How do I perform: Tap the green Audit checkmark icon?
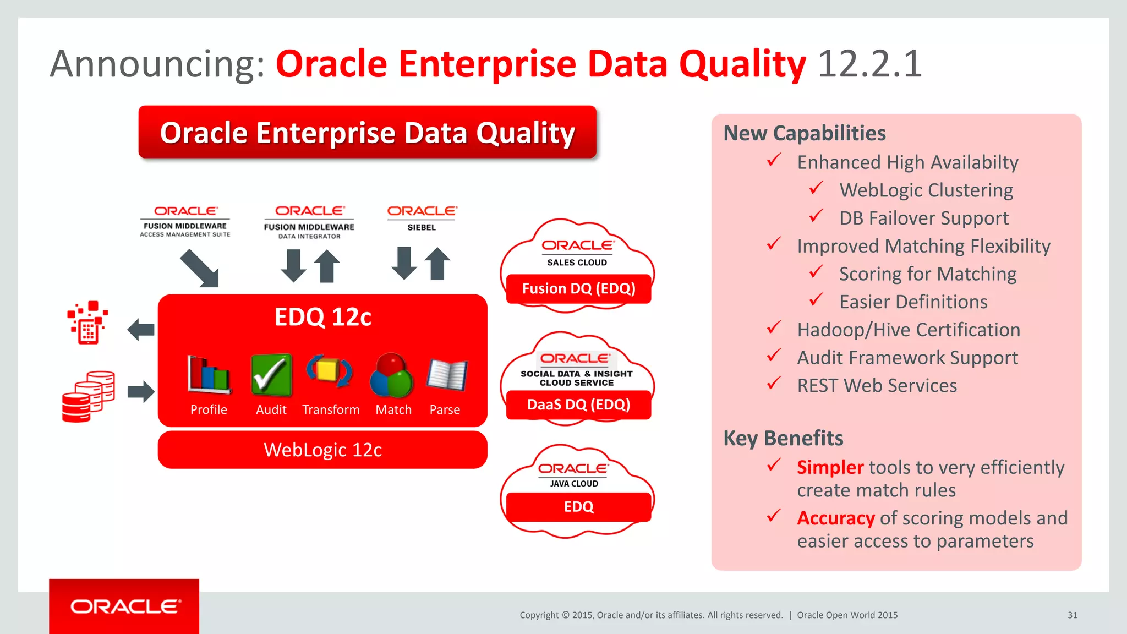(x=271, y=375)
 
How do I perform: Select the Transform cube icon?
(x=329, y=371)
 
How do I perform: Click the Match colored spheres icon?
(x=392, y=376)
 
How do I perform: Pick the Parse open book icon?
(x=447, y=375)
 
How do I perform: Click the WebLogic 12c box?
(x=322, y=450)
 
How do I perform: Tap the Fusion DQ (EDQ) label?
(x=578, y=288)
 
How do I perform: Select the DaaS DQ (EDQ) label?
(x=578, y=405)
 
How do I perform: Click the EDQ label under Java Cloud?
(x=578, y=506)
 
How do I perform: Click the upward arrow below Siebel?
(x=437, y=264)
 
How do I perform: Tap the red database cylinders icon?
(x=88, y=396)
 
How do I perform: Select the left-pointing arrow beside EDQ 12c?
(x=141, y=330)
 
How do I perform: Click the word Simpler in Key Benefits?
(x=830, y=467)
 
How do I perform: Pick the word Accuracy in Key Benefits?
(x=835, y=518)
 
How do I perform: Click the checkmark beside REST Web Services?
(x=774, y=383)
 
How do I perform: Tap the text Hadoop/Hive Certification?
(x=909, y=330)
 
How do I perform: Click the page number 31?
(x=1072, y=615)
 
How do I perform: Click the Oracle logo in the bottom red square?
(x=125, y=606)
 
